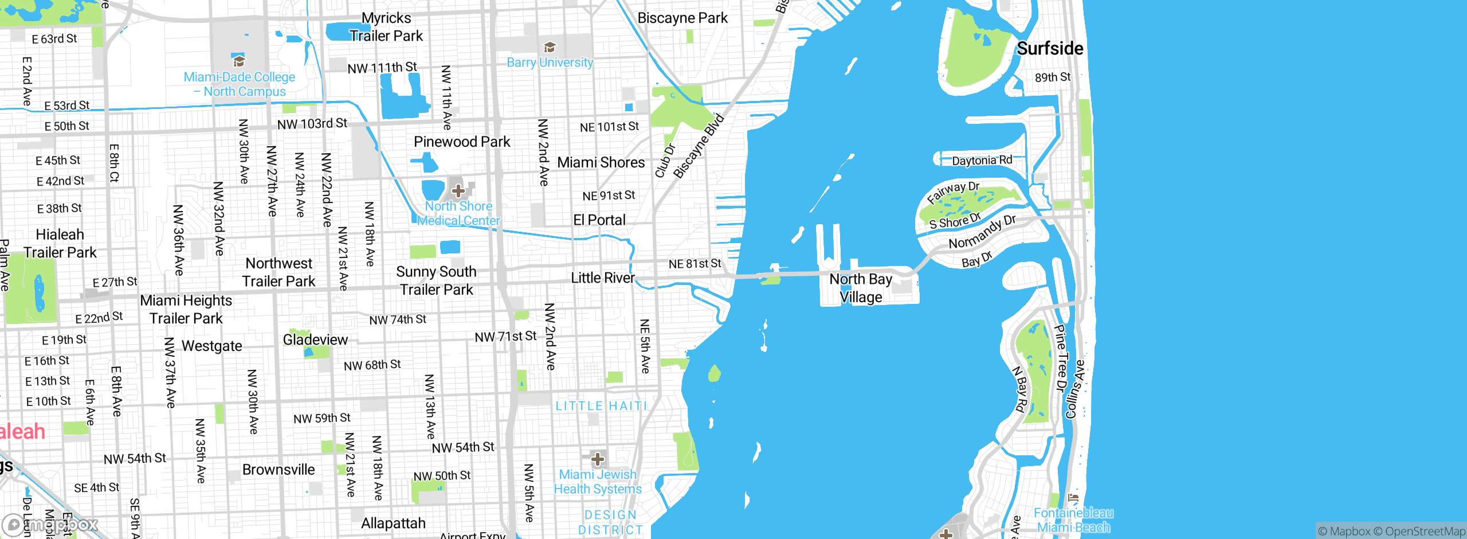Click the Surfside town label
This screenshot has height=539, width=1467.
point(1050,49)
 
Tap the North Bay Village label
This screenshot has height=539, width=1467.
point(861,288)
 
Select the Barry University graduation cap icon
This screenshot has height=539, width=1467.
point(550,47)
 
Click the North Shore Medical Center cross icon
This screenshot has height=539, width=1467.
point(458,190)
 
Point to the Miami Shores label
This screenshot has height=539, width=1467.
point(601,163)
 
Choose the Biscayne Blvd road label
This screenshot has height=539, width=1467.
point(699,147)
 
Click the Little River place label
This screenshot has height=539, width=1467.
point(603,278)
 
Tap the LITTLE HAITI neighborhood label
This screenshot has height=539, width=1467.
point(601,406)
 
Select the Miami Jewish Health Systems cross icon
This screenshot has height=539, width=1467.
point(597,459)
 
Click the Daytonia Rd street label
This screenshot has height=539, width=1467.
point(982,161)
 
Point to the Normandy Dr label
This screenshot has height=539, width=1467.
point(982,232)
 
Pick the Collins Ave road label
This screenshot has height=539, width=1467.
point(1074,389)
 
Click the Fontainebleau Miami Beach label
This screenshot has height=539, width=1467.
point(1073,520)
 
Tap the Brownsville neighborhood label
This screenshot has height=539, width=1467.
point(279,470)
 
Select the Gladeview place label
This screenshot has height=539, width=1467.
point(315,340)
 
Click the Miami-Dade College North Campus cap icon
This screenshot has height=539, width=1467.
point(238,60)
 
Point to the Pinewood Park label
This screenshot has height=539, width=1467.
point(462,142)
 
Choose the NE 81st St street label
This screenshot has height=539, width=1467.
point(695,264)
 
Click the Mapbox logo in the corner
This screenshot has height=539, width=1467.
point(50,525)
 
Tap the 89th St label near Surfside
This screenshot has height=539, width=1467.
point(1052,77)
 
